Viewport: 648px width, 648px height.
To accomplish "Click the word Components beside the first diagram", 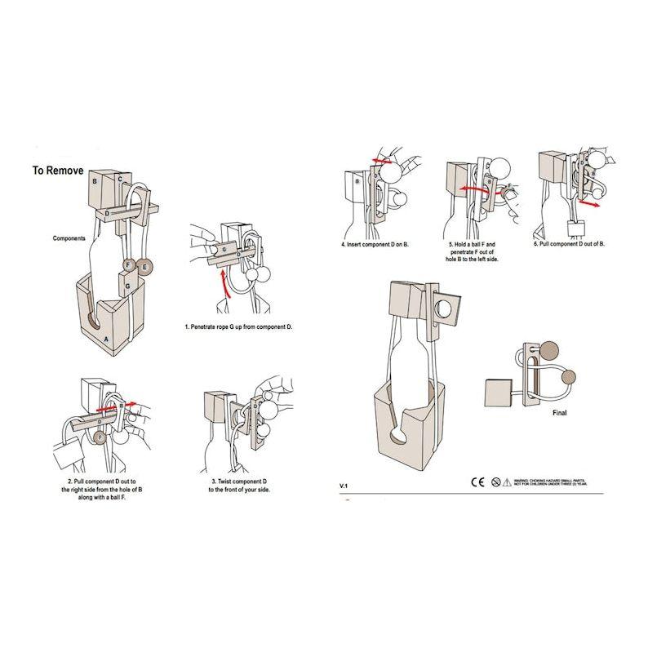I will tap(71, 238).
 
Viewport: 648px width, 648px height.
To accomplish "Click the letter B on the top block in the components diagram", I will tap(96, 182).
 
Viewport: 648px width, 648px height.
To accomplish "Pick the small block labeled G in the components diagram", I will tap(129, 286).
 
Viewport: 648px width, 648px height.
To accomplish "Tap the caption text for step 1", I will tap(238, 326).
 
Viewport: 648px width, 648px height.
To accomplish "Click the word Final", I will tap(560, 413).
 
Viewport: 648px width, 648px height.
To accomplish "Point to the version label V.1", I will tap(344, 486).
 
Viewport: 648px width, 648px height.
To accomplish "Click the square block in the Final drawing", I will tap(499, 393).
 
